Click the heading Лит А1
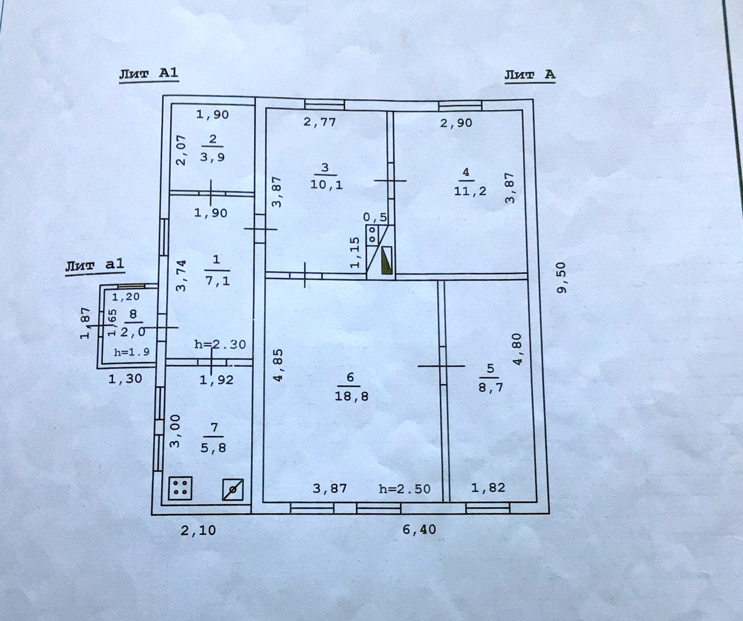coord(149,74)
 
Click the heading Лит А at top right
coord(529,74)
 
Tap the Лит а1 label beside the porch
coord(95,265)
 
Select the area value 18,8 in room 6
coord(351,396)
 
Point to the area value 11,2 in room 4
coord(470,191)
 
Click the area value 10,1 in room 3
coord(326,185)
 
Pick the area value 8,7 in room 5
coord(490,387)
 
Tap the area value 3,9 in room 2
coord(212,157)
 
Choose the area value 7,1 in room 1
coord(217,280)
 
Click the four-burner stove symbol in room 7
coord(180,488)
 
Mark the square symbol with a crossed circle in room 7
coord(233,489)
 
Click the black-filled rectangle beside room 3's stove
coord(387,260)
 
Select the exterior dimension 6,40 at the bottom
coord(419,529)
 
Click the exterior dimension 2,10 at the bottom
coord(198,530)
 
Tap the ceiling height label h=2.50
coord(404,489)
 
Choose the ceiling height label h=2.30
coord(220,344)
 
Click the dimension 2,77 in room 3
coord(319,122)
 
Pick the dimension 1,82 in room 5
coord(488,487)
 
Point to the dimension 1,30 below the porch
coord(125,378)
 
